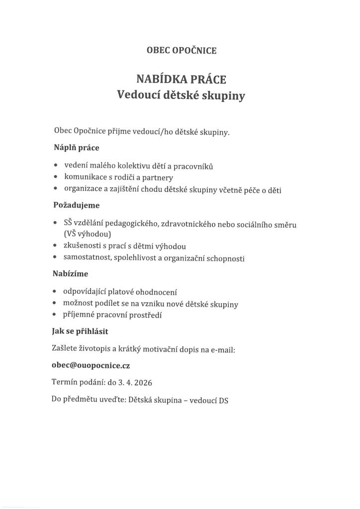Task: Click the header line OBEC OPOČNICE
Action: click(x=181, y=50)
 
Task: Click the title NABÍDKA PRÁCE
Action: click(x=181, y=79)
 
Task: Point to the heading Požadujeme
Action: click(x=77, y=205)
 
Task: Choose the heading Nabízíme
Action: click(x=71, y=273)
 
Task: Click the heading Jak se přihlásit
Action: click(x=81, y=331)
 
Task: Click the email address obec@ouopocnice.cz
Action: click(x=91, y=365)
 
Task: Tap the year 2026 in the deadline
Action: click(x=142, y=383)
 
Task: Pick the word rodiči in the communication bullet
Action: click(x=140, y=177)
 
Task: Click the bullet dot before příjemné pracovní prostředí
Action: click(x=54, y=315)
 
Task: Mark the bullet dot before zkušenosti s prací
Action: click(x=54, y=246)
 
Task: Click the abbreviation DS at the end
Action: click(x=223, y=400)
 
